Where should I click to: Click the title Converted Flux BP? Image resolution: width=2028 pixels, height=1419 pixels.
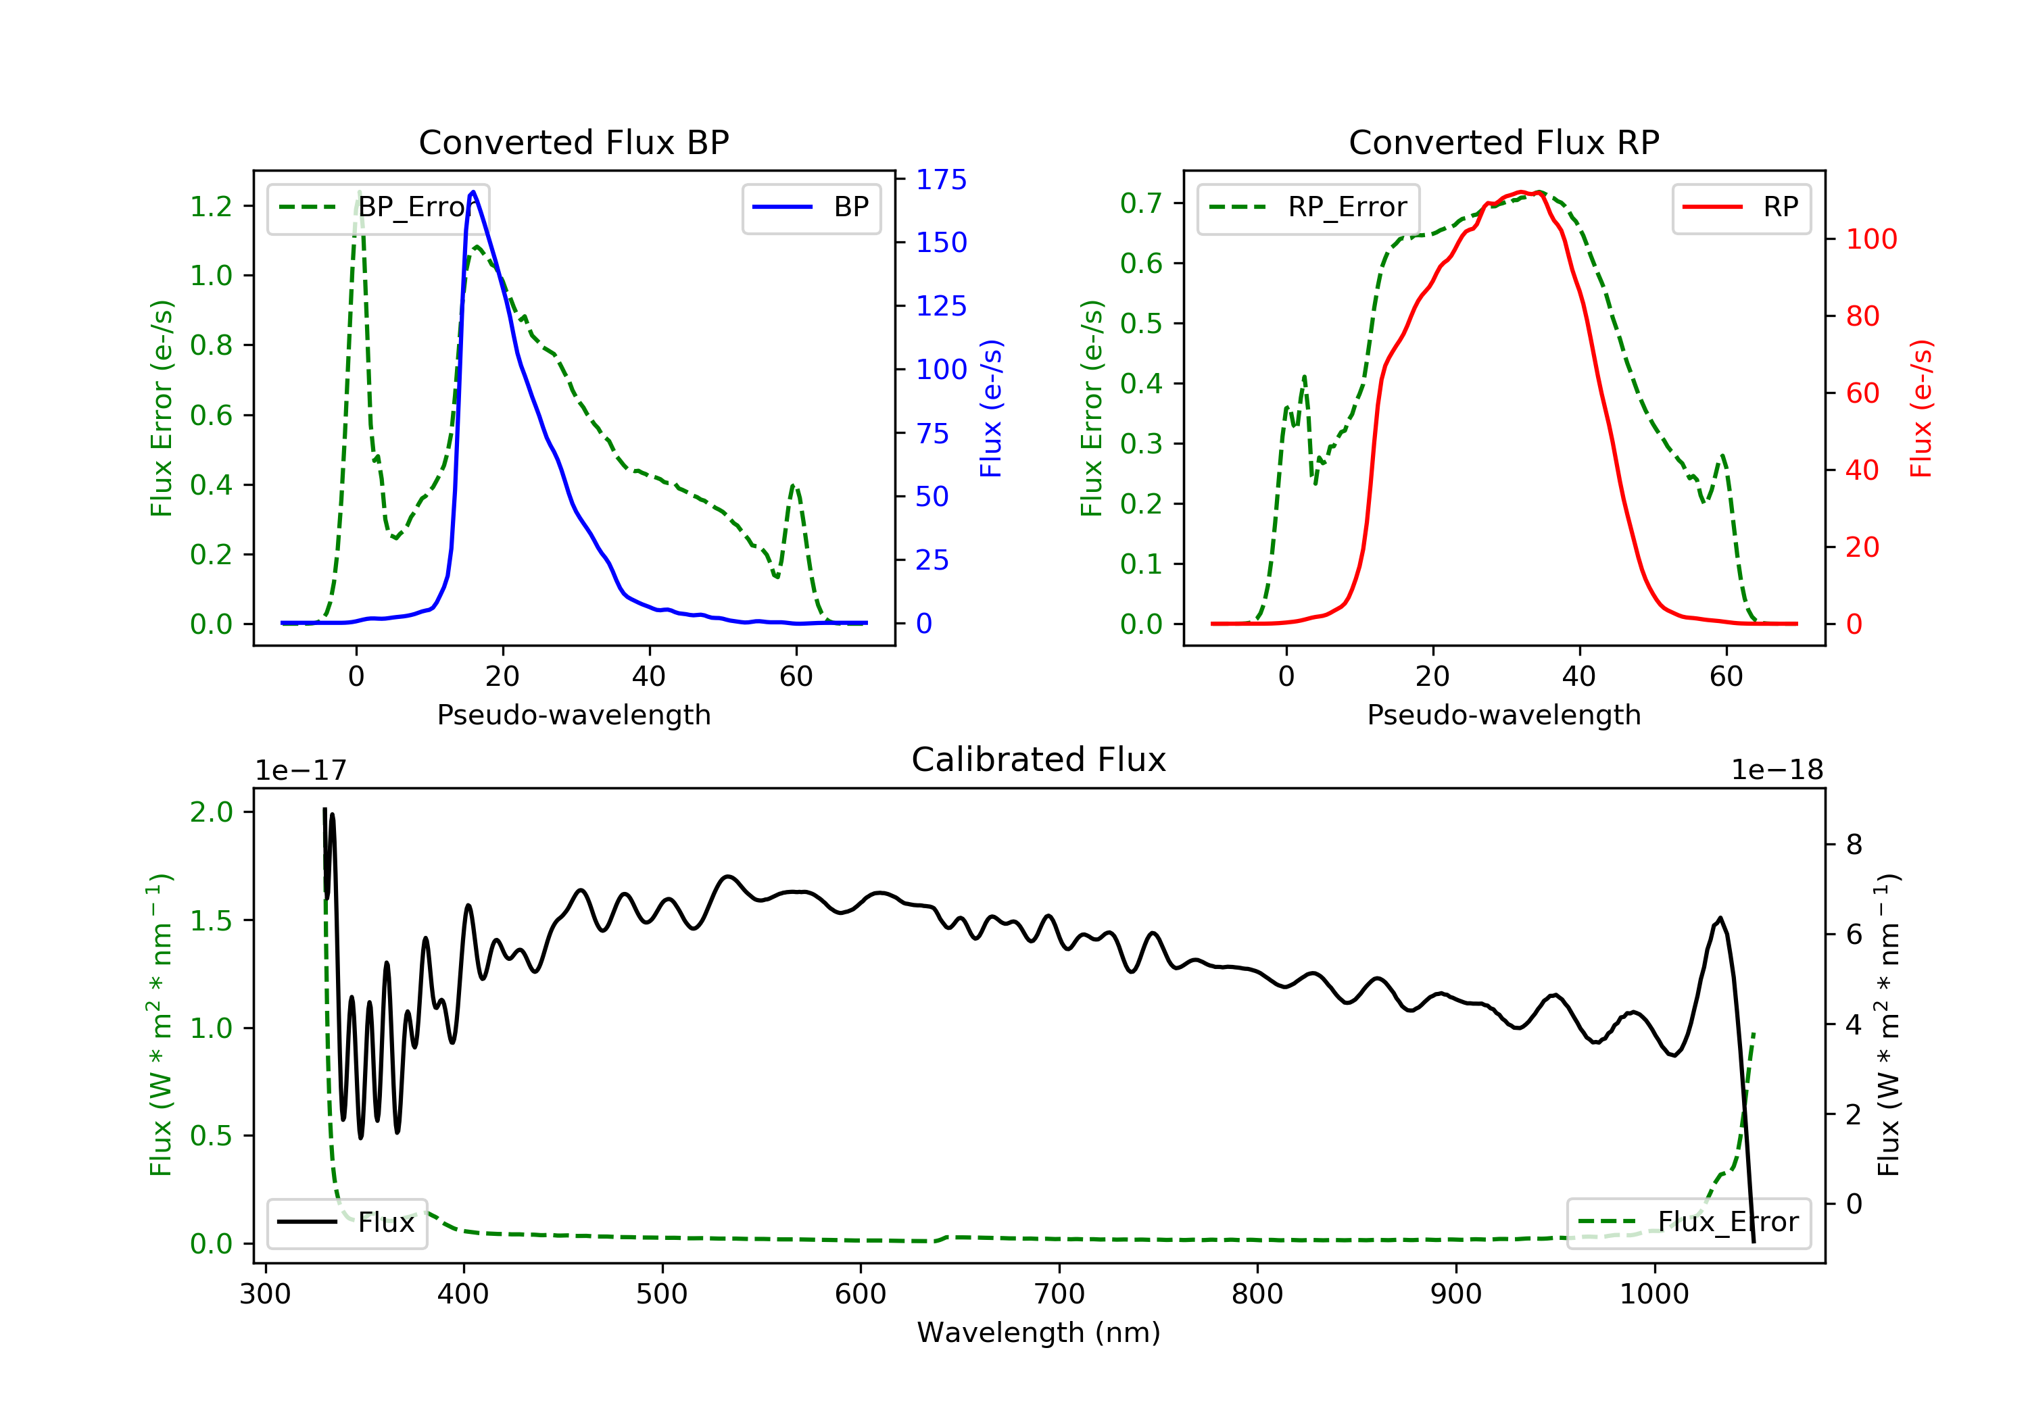tap(573, 142)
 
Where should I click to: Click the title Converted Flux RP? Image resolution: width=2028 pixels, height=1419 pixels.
tap(1503, 142)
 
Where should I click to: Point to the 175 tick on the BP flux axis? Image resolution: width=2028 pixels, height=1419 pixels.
tap(941, 180)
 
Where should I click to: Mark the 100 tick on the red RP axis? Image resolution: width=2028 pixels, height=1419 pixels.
tap(1870, 239)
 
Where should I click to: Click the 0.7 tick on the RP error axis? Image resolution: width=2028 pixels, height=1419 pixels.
tap(1141, 203)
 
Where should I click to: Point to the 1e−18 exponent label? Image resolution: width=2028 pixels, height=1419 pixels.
tap(1777, 771)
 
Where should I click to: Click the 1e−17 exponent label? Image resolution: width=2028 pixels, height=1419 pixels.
tap(301, 771)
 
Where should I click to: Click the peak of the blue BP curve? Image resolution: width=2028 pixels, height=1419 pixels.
tap(473, 192)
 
